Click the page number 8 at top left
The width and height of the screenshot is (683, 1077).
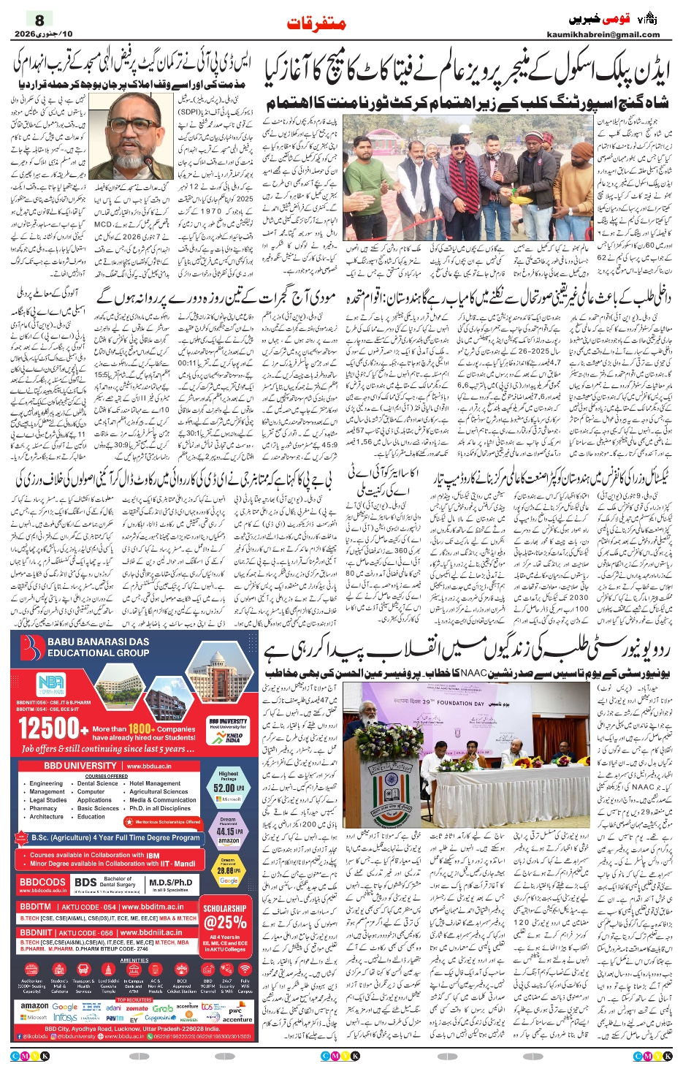[39, 20]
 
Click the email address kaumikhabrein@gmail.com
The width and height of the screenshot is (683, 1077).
[603, 34]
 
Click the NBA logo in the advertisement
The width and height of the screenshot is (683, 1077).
[51, 685]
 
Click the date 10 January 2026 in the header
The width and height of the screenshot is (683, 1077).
[44, 34]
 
